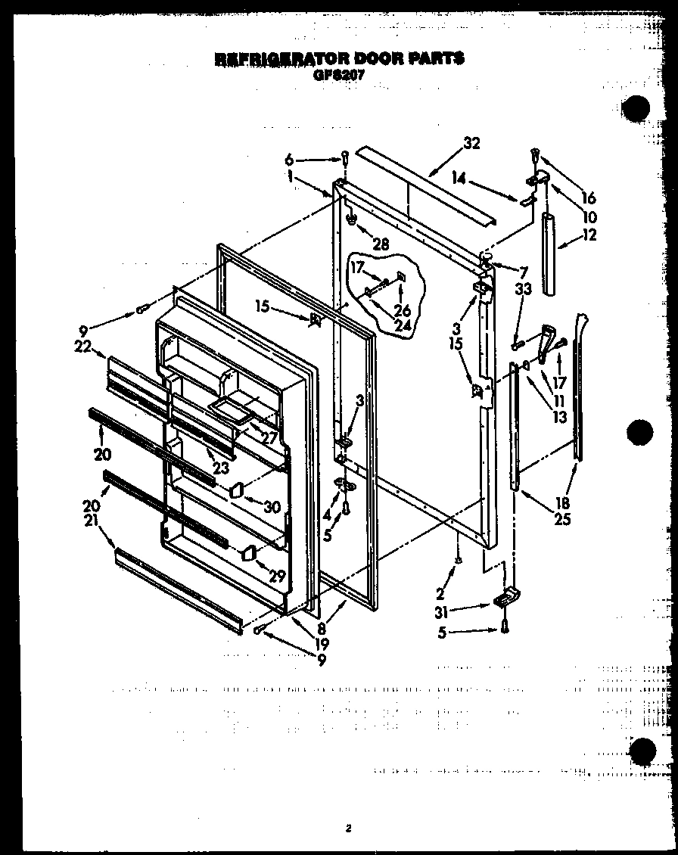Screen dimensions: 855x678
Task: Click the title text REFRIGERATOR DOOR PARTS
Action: click(339, 58)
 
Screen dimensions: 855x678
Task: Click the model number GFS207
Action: click(338, 74)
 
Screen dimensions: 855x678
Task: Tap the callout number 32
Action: click(471, 144)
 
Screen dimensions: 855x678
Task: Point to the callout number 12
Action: click(589, 235)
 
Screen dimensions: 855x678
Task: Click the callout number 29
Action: click(278, 576)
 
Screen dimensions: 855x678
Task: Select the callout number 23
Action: click(220, 468)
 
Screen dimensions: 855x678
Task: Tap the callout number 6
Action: click(288, 160)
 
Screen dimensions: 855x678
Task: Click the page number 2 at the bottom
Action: click(348, 828)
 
